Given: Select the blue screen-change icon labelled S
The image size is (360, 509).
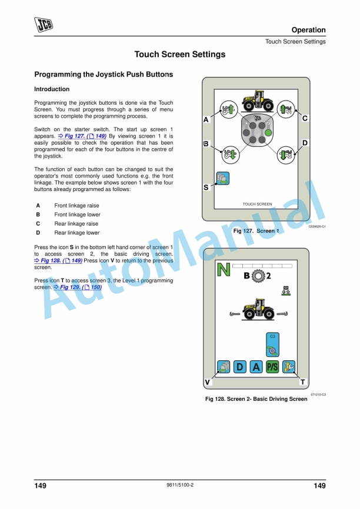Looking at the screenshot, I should pos(222,178).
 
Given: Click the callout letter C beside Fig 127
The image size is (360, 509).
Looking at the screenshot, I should pos(305,119).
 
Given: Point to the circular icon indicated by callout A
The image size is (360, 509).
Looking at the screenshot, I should pos(227,109).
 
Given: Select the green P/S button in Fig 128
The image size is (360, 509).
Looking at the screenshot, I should pos(272,367).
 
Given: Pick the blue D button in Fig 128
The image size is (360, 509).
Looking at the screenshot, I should pos(239,367).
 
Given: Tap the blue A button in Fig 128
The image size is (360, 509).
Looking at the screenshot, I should pos(256,367).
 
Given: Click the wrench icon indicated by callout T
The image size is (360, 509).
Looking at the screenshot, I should pos(288,367).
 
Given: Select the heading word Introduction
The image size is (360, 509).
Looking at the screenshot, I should pos(52,89).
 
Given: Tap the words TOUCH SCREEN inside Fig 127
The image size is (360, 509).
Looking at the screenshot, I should pos(257,205).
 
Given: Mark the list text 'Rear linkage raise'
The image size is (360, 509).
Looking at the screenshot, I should pos(76,224).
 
